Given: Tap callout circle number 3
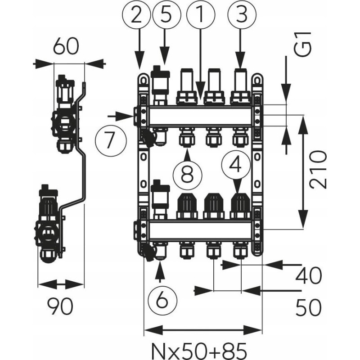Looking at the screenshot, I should pyautogui.click(x=239, y=15).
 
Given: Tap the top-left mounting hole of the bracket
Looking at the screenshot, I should pyautogui.click(x=143, y=80).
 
